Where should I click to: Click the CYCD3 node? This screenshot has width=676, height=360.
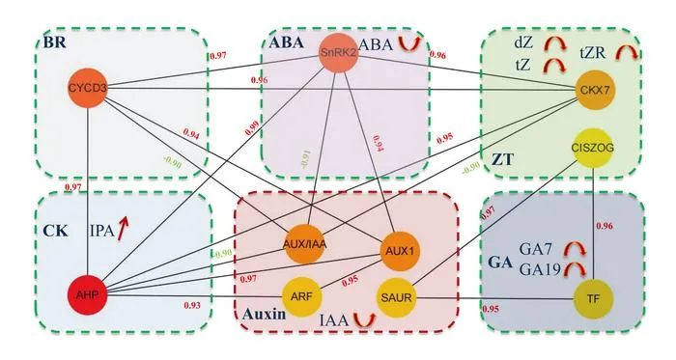[88, 88]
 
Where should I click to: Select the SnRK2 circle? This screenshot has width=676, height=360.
[338, 53]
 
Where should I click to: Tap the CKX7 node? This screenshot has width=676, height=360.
[595, 90]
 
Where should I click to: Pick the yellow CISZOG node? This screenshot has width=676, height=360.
[592, 148]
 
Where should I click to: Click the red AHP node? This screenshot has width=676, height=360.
[88, 295]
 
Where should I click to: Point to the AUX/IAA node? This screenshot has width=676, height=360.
[305, 244]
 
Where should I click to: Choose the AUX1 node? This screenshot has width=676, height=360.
[400, 251]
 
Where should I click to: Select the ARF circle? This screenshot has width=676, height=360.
[301, 296]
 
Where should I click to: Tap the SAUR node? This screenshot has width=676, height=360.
[396, 297]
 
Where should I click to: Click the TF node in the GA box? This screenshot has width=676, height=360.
[594, 298]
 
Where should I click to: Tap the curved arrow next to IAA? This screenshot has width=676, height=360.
[365, 319]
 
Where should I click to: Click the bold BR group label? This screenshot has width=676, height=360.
[55, 43]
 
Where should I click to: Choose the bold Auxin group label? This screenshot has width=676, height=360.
[264, 314]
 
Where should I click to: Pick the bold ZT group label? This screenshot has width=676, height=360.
[503, 160]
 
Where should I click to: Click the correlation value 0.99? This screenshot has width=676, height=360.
[253, 127]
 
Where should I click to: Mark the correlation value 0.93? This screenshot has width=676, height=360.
[192, 305]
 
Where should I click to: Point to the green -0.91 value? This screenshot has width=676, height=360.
[305, 159]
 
